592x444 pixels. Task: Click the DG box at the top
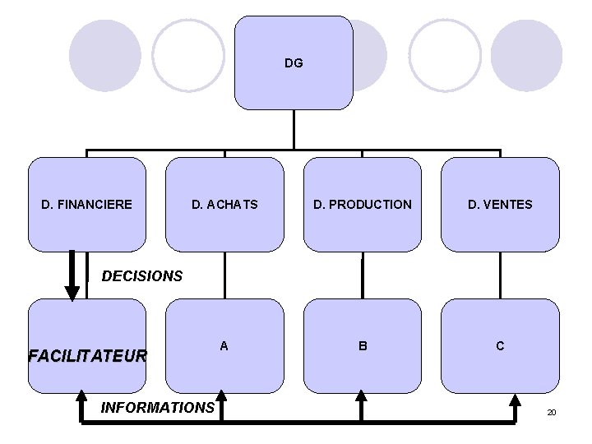click(x=294, y=62)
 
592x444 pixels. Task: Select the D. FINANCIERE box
click(x=87, y=204)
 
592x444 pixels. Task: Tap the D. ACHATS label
click(x=224, y=204)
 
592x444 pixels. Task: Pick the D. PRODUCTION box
click(x=362, y=204)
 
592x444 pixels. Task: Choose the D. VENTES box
click(x=500, y=204)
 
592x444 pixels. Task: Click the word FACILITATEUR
click(x=87, y=356)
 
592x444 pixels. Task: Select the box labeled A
click(x=224, y=346)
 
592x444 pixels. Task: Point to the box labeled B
click(x=362, y=346)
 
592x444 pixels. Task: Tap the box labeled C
click(x=500, y=346)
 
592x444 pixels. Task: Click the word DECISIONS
click(x=142, y=276)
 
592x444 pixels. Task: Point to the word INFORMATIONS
click(x=157, y=407)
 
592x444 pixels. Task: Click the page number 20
click(x=551, y=411)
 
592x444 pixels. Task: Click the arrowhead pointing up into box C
click(x=515, y=400)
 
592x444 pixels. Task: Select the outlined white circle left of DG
click(x=188, y=55)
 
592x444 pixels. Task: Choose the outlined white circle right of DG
click(x=445, y=55)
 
